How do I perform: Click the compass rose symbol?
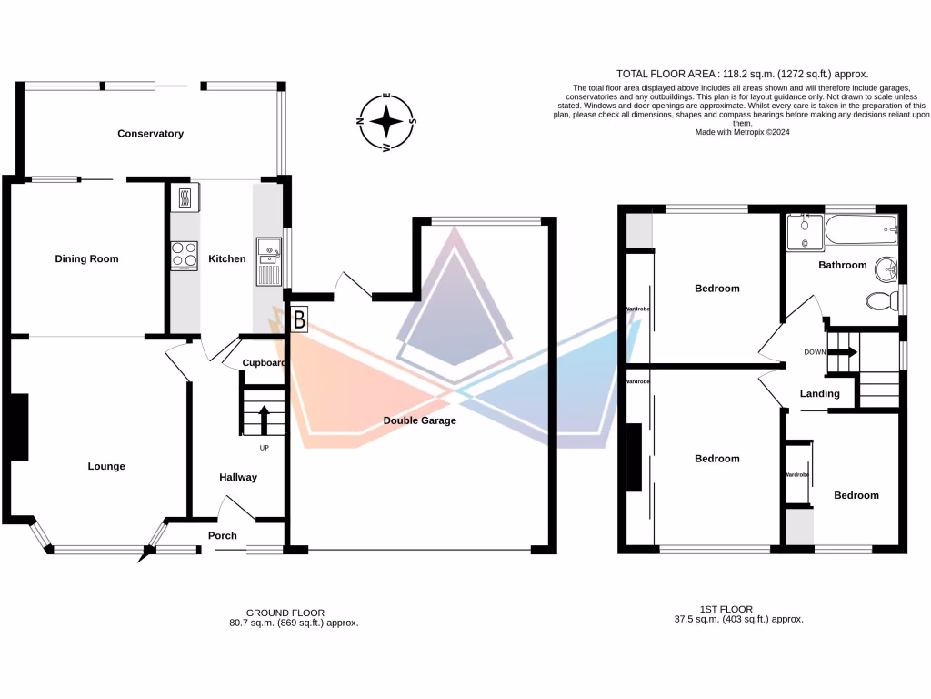(x=387, y=122)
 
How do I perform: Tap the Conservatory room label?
(x=150, y=134)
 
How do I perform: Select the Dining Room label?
(x=87, y=259)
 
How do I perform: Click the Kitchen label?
(x=227, y=259)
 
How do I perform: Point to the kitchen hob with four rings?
(x=184, y=255)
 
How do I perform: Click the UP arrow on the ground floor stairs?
(x=265, y=421)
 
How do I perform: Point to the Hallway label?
(x=238, y=477)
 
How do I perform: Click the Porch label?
(x=223, y=535)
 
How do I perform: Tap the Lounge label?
(x=106, y=467)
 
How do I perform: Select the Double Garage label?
(x=419, y=420)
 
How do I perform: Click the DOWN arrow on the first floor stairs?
(x=843, y=352)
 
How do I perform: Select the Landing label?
(x=819, y=394)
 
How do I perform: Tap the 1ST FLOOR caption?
(x=726, y=609)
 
